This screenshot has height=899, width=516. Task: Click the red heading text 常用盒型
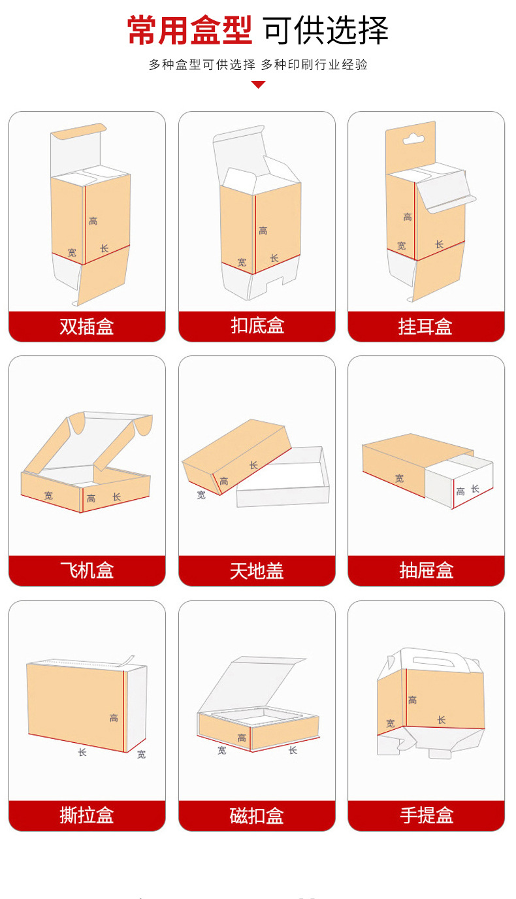coord(189,30)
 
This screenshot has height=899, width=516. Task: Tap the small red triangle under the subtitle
coord(258,84)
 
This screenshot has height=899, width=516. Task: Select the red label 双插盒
coord(87,326)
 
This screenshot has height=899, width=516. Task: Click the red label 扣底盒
coord(257,326)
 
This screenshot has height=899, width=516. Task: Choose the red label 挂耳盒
coord(426,326)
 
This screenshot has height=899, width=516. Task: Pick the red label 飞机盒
coord(87,570)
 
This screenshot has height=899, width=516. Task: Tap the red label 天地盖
coord(257,570)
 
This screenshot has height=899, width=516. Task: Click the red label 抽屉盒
coord(426,570)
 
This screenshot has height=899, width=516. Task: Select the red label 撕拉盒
coord(87,815)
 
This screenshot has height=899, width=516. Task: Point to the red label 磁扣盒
coord(257,815)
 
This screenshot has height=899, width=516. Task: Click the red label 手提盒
coord(426,815)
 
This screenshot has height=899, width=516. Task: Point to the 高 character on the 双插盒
coord(93,221)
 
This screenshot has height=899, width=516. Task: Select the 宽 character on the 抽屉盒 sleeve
coord(399,478)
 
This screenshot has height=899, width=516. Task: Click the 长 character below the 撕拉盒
coord(82,752)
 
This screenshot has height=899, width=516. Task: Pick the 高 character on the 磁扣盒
coord(242,738)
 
